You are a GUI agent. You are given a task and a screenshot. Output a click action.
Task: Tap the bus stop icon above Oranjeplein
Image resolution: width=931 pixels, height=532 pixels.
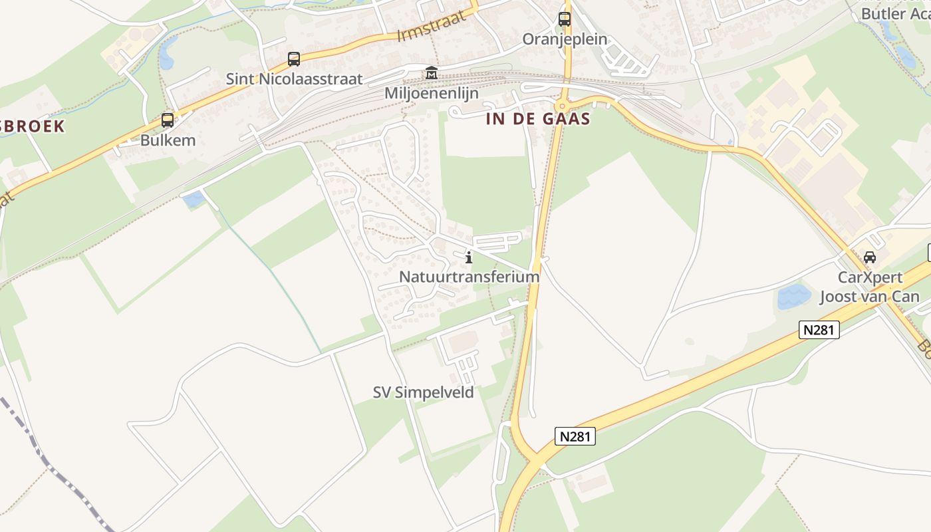565,19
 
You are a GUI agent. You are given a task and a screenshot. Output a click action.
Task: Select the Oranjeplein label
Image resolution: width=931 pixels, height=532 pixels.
565,39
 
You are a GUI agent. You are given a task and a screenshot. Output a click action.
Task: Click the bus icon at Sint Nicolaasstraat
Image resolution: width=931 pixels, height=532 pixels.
294,59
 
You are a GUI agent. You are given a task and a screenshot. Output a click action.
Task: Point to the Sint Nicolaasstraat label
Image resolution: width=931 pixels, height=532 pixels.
294,79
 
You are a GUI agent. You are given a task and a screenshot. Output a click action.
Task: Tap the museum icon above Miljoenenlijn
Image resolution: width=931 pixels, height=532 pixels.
432,72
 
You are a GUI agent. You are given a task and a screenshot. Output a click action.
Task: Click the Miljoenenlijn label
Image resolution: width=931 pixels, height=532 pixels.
432,93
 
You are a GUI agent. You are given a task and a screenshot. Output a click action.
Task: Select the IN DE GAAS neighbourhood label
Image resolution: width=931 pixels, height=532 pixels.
538,119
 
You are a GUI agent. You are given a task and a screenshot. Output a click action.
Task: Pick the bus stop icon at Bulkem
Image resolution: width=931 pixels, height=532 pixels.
168,120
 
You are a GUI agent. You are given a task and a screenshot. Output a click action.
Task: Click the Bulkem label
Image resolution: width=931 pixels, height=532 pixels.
168,140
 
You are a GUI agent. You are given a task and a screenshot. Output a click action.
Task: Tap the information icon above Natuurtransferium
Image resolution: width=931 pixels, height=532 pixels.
469,257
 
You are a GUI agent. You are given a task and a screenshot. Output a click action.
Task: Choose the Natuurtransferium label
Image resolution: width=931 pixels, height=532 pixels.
469,276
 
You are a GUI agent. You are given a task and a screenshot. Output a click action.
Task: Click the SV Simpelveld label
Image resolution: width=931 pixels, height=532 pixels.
424,392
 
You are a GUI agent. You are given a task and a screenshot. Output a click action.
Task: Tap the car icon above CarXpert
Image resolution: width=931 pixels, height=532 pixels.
869,257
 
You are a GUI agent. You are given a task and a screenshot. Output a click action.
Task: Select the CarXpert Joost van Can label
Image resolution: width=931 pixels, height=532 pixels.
869,287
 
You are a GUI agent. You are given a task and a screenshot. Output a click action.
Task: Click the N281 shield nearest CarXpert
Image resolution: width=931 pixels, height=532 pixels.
819,329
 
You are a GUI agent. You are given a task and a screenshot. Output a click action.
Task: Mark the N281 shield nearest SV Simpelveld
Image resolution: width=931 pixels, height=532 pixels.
575,436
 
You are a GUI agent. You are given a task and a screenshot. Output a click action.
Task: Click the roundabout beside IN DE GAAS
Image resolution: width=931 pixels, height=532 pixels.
563,104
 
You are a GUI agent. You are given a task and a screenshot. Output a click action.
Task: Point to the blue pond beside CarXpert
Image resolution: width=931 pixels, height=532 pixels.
794,297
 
